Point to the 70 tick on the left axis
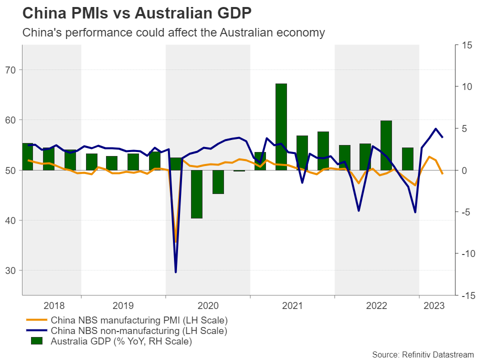[11, 70]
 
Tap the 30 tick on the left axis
[11, 270]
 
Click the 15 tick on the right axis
[466, 45]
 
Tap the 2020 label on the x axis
[207, 304]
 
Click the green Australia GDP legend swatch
[37, 341]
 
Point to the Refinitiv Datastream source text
[423, 354]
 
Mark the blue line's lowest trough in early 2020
[175, 272]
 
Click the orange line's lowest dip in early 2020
[175, 242]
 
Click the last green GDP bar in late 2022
[407, 159]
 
